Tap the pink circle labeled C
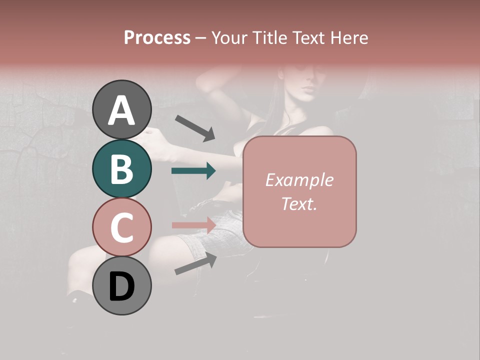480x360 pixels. (x=121, y=227)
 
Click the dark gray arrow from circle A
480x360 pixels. (x=194, y=127)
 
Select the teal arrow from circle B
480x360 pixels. (x=193, y=171)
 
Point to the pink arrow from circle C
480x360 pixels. (x=193, y=224)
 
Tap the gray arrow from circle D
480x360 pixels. (x=195, y=264)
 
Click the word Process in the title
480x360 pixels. (x=157, y=38)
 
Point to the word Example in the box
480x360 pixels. (x=299, y=180)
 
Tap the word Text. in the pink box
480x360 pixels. (x=299, y=203)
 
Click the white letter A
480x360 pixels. (x=121, y=110)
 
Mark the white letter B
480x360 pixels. (x=121, y=169)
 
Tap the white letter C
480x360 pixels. (x=121, y=228)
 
